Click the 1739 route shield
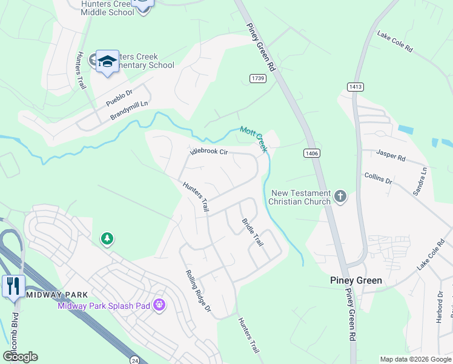(257, 78)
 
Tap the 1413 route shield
(355, 87)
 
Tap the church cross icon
(340, 196)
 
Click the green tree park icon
(107, 238)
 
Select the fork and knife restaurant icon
(13, 285)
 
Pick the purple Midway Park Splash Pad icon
(159, 305)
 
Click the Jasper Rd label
(391, 155)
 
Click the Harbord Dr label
(440, 308)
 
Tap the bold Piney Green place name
(356, 280)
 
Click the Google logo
(20, 357)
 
